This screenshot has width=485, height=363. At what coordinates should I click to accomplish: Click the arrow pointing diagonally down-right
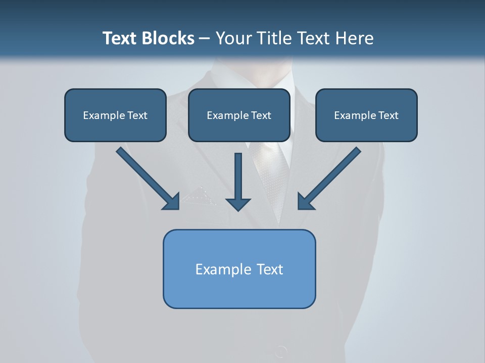(x=147, y=177)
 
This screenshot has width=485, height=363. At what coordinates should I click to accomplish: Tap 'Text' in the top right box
(x=388, y=115)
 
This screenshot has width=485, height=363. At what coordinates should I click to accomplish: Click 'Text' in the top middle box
(x=261, y=115)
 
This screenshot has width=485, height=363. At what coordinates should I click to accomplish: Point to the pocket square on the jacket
(x=200, y=197)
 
